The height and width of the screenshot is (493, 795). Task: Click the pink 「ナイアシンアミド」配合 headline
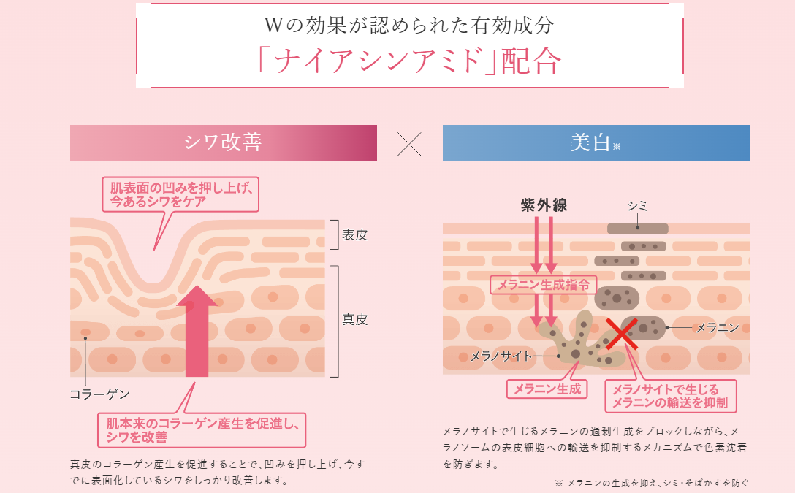409,62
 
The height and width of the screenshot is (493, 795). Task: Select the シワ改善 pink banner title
223,142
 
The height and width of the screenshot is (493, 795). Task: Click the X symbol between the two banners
409,144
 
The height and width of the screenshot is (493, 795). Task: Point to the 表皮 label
354,234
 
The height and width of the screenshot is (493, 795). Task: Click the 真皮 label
354,319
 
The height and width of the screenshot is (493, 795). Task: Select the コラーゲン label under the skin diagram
99,394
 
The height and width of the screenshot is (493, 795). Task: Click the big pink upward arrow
197,331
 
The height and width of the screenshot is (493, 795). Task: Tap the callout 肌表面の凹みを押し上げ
180,194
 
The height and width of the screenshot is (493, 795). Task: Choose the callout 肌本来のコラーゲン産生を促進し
202,430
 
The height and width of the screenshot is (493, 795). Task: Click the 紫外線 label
544,205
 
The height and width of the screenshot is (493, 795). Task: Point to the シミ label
637,206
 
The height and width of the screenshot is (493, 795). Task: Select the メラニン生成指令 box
543,285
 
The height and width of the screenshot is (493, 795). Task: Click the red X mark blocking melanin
622,334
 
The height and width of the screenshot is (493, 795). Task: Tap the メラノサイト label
501,356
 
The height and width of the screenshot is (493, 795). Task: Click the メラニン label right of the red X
718,328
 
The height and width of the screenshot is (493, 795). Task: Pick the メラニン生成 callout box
547,389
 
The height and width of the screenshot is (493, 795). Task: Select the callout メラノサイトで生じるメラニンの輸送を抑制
670,396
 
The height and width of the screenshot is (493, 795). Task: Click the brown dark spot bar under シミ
637,229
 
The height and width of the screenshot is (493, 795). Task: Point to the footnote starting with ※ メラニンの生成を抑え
652,483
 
